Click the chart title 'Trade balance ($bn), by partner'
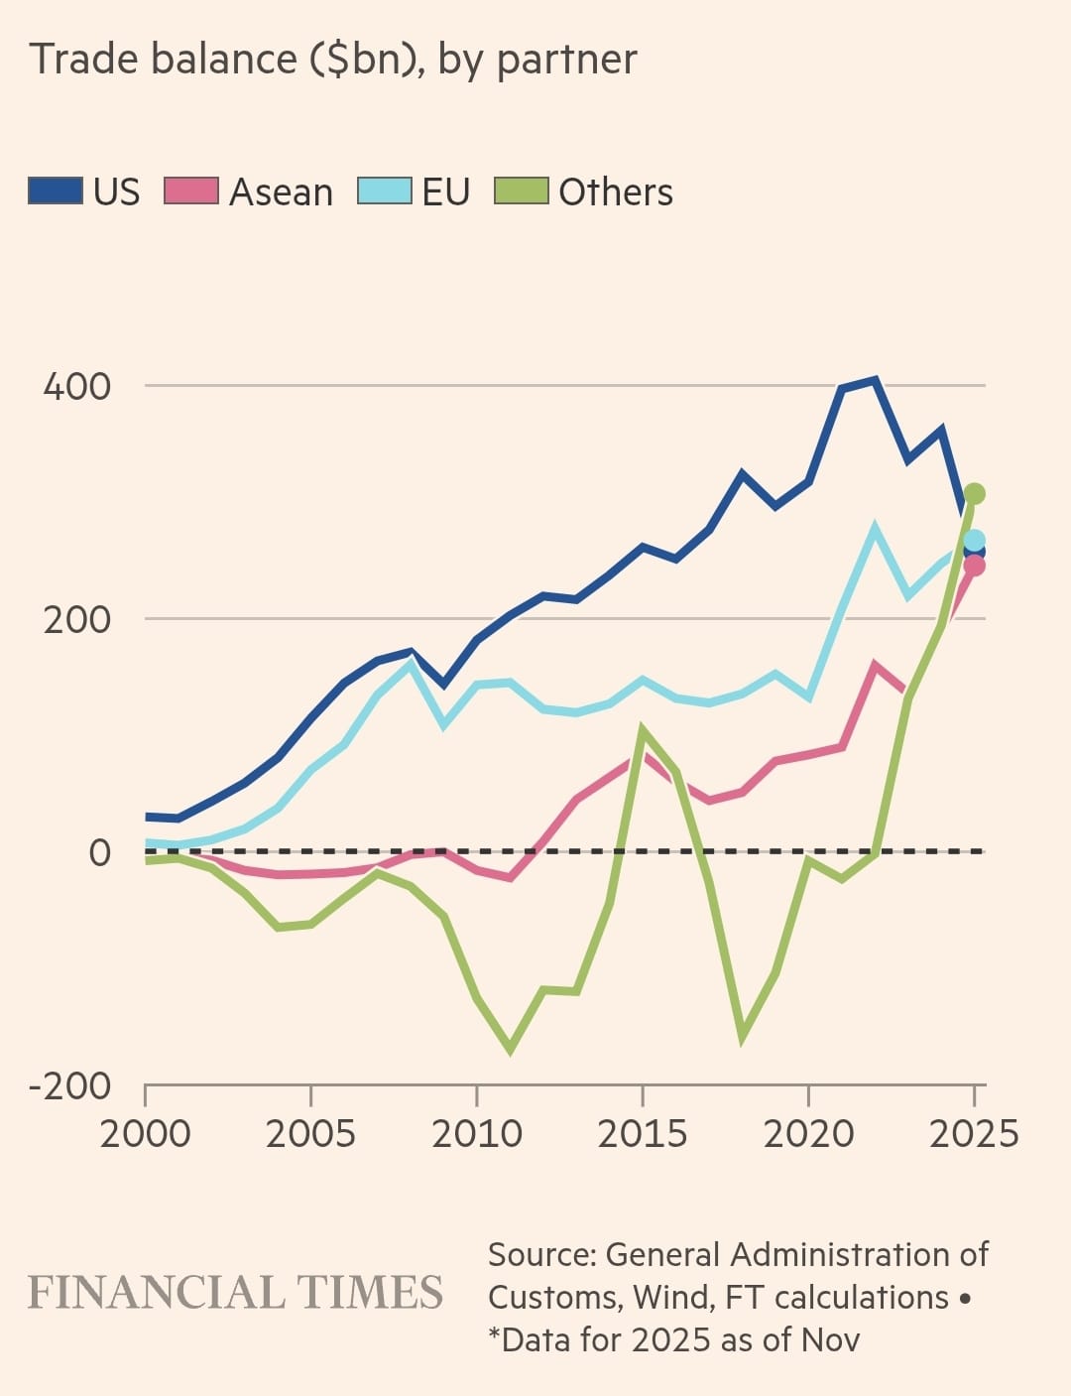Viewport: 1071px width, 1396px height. coord(333,60)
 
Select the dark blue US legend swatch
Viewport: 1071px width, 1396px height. coord(56,190)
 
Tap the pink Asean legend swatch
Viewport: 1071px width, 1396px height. coord(190,190)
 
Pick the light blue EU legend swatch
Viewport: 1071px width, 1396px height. coord(385,190)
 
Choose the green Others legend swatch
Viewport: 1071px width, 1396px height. coord(521,190)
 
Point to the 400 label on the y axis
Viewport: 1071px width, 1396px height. coord(77,386)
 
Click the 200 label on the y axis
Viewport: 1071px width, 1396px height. coord(77,619)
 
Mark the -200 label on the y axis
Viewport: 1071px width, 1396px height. coord(69,1085)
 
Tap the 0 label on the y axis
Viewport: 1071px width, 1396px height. coord(99,852)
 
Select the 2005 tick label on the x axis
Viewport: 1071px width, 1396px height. coord(310,1133)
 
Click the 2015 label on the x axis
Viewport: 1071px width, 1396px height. coord(643,1133)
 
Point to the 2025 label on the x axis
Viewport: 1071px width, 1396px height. coord(974,1133)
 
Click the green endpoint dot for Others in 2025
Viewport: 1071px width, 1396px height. coord(974,493)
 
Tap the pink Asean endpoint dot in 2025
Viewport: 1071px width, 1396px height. coord(974,566)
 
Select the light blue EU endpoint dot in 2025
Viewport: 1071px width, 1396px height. coord(974,541)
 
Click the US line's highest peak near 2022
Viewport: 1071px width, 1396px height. coord(875,380)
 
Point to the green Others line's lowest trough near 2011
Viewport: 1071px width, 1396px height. coord(511,1049)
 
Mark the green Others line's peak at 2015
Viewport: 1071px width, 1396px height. coord(643,731)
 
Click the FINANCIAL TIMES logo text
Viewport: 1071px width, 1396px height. coord(235,1293)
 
